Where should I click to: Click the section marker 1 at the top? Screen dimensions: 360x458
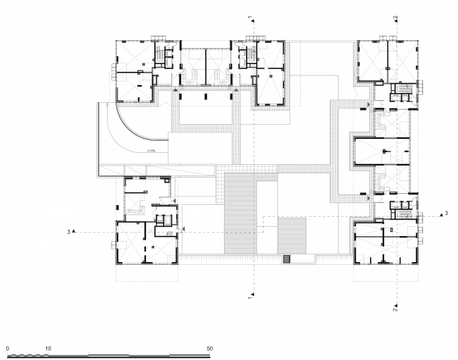[x=249, y=16]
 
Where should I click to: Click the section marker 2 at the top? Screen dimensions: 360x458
[x=395, y=17]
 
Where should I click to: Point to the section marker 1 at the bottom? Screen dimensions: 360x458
[x=249, y=299]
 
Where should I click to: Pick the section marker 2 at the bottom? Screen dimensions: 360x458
[x=395, y=307]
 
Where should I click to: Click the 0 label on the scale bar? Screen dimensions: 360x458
[x=7, y=348]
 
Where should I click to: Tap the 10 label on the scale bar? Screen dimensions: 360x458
[x=48, y=348]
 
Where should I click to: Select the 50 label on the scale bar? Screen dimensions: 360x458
[x=209, y=348]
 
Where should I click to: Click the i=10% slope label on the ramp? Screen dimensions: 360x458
[x=151, y=150]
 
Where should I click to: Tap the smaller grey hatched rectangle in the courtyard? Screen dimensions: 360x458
[x=292, y=236]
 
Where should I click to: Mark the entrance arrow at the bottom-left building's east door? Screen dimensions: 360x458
[x=182, y=230]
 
